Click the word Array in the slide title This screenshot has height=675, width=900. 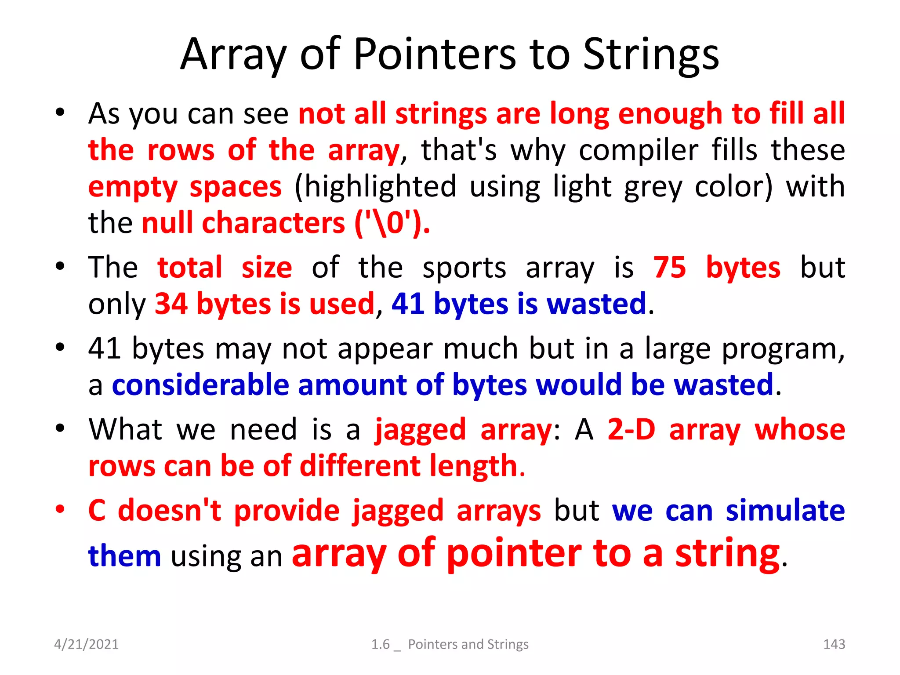click(233, 54)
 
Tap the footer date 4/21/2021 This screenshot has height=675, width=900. click(86, 644)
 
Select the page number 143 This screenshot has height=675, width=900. click(834, 644)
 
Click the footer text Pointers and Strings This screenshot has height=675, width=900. click(468, 644)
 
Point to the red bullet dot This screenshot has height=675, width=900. click(60, 510)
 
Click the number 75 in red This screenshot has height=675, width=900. click(669, 267)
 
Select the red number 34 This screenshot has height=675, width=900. click(171, 304)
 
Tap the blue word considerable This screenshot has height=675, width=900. click(200, 385)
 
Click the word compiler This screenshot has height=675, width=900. click(638, 150)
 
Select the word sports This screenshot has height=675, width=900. click(464, 268)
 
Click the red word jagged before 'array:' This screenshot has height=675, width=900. click(420, 430)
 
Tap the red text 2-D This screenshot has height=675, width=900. click(631, 429)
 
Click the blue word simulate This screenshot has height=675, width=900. click(785, 511)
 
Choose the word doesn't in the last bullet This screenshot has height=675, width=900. click(169, 511)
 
